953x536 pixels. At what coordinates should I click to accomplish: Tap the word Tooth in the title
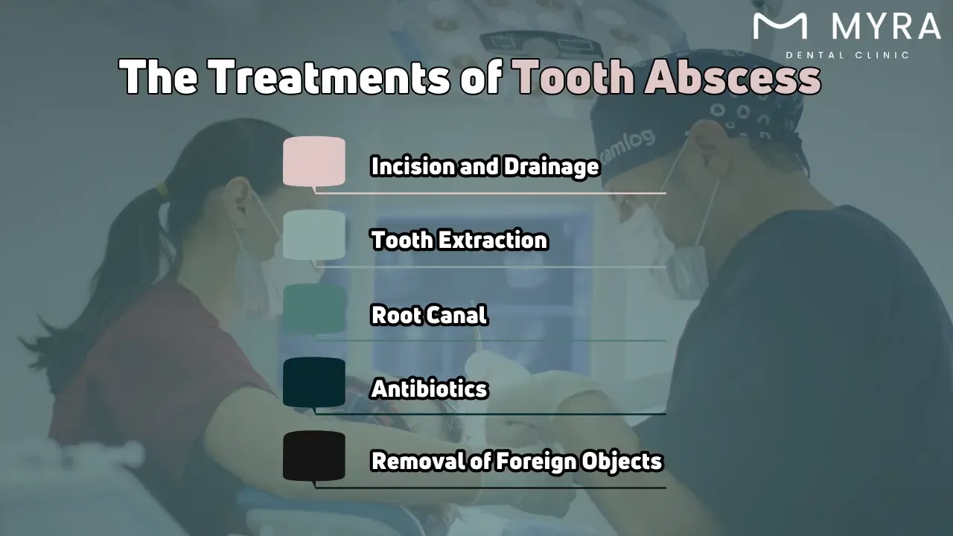pyautogui.click(x=573, y=77)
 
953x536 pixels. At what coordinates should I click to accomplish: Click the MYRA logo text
pyautogui.click(x=885, y=27)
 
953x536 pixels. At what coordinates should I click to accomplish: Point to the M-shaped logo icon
pyautogui.click(x=780, y=26)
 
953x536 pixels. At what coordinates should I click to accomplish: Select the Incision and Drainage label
pyautogui.click(x=485, y=166)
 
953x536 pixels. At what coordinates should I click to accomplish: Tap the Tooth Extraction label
pyautogui.click(x=459, y=240)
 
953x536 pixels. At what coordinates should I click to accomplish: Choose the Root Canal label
pyautogui.click(x=429, y=315)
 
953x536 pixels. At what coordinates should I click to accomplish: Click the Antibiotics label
pyautogui.click(x=429, y=389)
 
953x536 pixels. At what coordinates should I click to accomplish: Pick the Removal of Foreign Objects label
pyautogui.click(x=517, y=462)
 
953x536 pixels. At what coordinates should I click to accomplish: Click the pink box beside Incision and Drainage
pyautogui.click(x=314, y=161)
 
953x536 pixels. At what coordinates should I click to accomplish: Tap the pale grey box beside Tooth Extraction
pyautogui.click(x=314, y=234)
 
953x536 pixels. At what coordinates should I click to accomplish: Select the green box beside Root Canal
pyautogui.click(x=314, y=308)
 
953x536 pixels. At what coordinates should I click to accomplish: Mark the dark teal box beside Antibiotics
pyautogui.click(x=314, y=382)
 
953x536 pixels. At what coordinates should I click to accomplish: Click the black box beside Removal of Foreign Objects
pyautogui.click(x=314, y=456)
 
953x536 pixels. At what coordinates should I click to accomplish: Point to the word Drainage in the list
pyautogui.click(x=551, y=166)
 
